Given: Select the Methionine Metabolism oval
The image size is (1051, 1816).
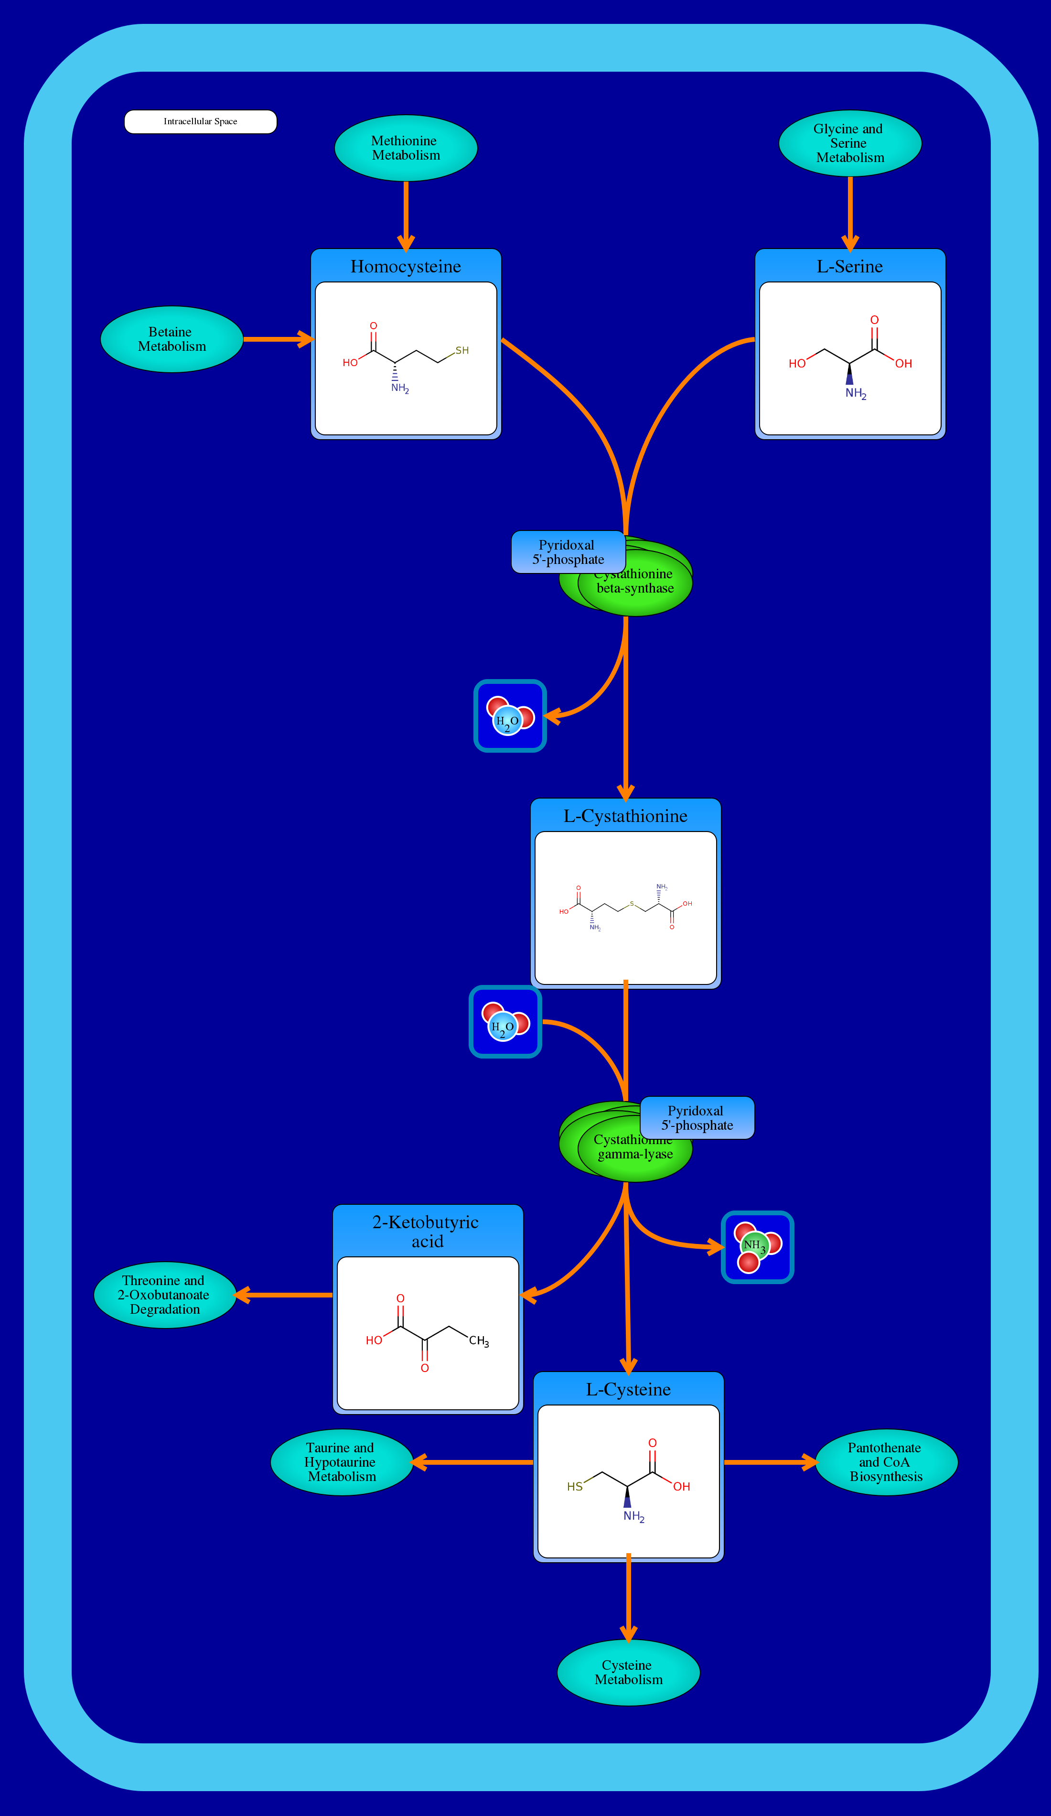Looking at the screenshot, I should coord(406,148).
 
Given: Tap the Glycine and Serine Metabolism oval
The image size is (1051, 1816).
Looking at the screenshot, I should coord(850,143).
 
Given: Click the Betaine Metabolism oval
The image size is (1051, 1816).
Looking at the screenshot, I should coord(172,339).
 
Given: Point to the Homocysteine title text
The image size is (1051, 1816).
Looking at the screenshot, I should coord(406,267).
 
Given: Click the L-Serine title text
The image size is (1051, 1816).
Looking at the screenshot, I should coord(849,267).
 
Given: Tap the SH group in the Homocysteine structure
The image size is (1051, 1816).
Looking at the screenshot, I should coord(462,351).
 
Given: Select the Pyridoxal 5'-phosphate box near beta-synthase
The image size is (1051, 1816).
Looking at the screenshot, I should coord(568,552).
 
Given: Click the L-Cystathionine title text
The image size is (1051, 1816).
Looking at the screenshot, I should coord(625,816).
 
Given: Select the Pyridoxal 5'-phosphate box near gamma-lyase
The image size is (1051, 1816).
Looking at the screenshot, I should coord(697,1118).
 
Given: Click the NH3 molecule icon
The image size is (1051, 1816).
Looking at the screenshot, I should coord(757,1247).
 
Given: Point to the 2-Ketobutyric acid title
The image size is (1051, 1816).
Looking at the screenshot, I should coord(427,1231).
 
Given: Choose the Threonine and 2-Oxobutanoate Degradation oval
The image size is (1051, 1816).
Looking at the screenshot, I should coord(165,1295).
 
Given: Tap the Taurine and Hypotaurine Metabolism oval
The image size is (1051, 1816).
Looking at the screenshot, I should coord(342,1462).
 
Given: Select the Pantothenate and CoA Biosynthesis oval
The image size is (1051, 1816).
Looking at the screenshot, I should coord(886,1462).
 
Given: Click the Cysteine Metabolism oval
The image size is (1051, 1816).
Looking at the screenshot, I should coord(628,1673).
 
